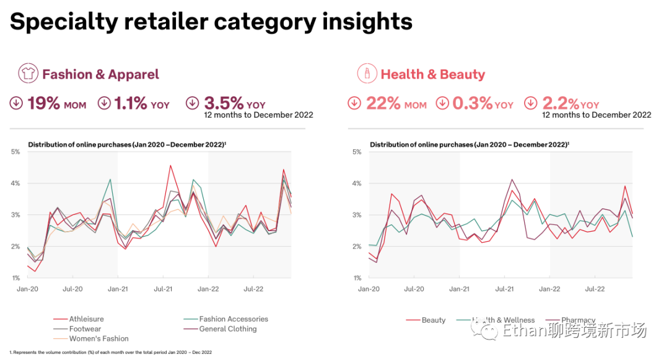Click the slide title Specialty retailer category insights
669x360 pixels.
[211, 22]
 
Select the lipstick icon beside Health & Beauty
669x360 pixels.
[367, 74]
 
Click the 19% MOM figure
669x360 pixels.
[56, 103]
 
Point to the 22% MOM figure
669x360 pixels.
[396, 103]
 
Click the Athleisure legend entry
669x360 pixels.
[86, 319]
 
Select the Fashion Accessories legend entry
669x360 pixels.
[234, 319]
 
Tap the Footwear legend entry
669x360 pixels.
[85, 329]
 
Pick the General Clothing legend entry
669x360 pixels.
[228, 329]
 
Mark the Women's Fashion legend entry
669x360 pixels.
[98, 339]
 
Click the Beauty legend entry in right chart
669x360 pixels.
[433, 320]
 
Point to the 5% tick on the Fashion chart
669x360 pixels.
[15, 152]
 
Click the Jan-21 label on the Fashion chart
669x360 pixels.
[118, 289]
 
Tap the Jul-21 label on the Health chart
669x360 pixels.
[504, 289]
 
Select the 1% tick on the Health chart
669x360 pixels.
[357, 278]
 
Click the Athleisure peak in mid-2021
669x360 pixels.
[170, 165]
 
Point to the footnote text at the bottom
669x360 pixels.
[110, 352]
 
